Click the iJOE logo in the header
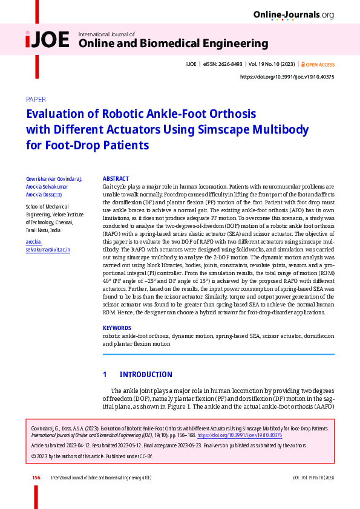[48, 40]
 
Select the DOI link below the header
[287, 77]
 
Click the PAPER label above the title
[36, 100]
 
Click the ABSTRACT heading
[116, 179]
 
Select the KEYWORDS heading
[117, 328]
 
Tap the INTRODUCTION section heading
[146, 375]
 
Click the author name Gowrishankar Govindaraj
[54, 179]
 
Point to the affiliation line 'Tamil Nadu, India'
[44, 230]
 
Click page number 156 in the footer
[36, 478]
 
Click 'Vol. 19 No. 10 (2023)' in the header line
[272, 64]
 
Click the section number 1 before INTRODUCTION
[105, 375]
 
